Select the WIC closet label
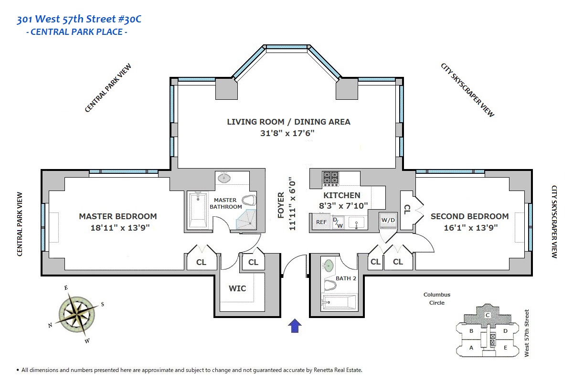click(x=237, y=288)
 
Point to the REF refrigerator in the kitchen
click(x=321, y=222)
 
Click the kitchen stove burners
click(x=330, y=178)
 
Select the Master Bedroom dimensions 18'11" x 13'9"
click(x=118, y=228)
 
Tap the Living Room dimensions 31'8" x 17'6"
click(x=288, y=133)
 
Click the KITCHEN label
click(x=342, y=195)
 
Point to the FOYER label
click(x=281, y=205)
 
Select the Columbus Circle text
click(x=437, y=299)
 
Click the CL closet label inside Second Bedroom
click(x=407, y=209)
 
